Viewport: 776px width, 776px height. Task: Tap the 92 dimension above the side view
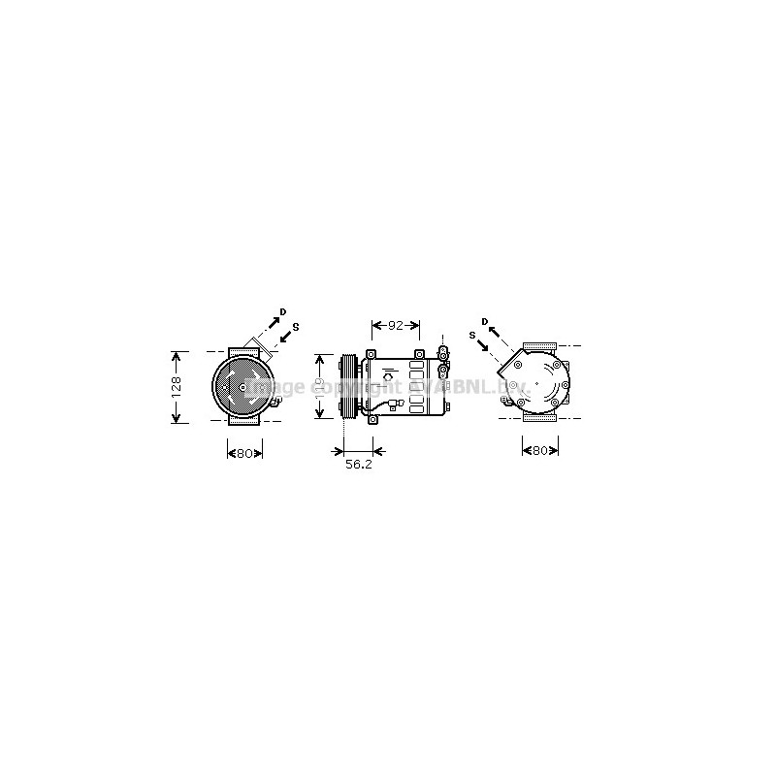pos(395,326)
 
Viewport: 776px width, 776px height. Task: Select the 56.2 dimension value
pos(359,466)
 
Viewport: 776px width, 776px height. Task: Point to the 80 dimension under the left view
pos(244,452)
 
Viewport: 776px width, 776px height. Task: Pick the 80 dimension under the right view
pos(540,450)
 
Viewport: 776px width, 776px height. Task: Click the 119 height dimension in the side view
pos(321,385)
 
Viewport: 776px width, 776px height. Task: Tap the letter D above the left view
pos(283,311)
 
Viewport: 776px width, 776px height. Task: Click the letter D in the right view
pos(484,321)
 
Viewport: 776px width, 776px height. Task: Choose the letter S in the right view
pos(471,335)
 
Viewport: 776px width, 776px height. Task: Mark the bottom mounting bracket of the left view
pos(244,422)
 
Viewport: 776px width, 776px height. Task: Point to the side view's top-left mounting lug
pos(370,353)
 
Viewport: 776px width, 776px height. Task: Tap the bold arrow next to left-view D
pos(273,323)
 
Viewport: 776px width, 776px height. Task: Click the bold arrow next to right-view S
pos(482,344)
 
